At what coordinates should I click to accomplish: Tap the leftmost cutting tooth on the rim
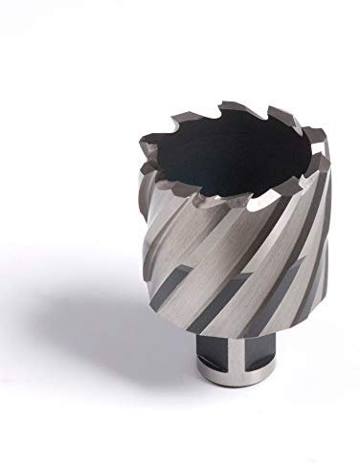pos(144,171)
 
